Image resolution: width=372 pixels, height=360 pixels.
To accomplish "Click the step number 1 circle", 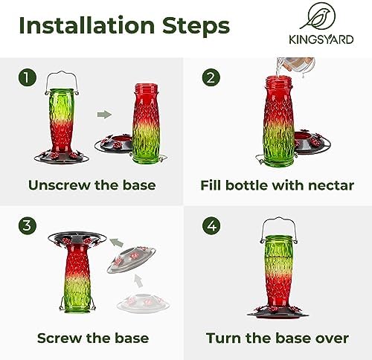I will [28, 77].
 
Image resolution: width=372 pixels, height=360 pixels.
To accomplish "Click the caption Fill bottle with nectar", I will [278, 185].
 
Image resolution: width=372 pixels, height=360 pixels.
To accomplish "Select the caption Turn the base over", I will [278, 338].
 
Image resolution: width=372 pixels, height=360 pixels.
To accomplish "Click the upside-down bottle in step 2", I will [277, 123].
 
